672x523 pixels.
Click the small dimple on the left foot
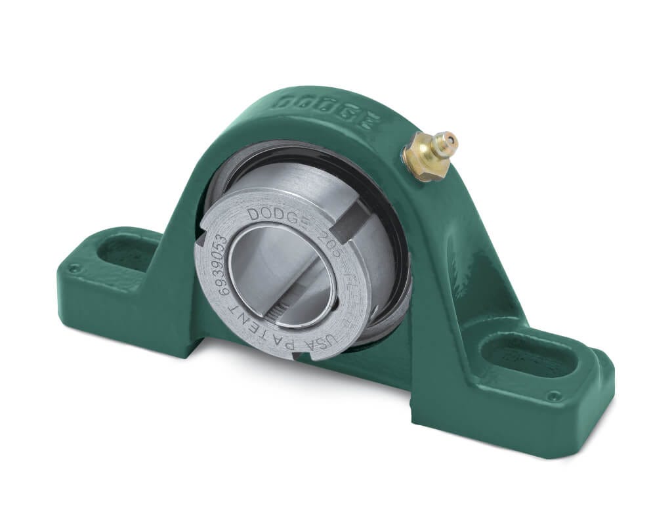point(75,268)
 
